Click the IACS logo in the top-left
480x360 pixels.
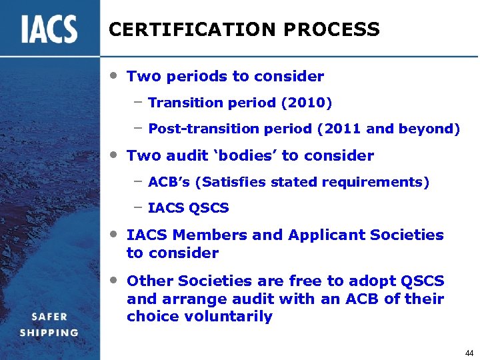(49, 29)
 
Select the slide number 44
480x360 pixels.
(469, 352)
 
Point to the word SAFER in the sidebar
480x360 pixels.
(49, 317)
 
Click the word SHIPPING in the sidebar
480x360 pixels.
(49, 333)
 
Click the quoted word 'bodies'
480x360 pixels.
(243, 156)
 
